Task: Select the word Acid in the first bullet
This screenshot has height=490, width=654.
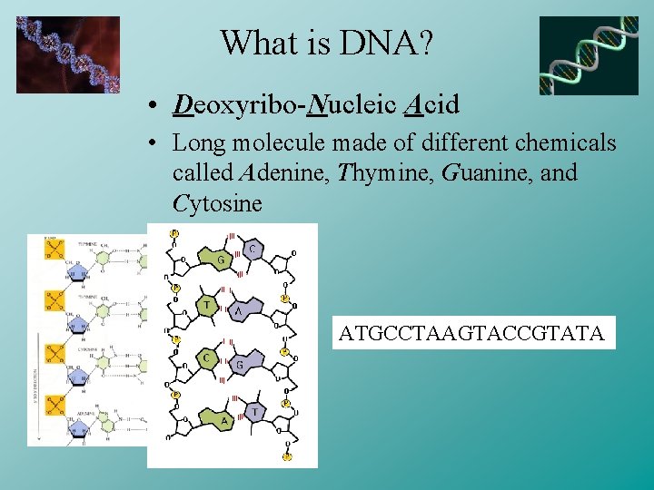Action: pyautogui.click(x=430, y=106)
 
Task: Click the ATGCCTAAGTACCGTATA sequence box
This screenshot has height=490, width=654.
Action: pyautogui.click(x=471, y=333)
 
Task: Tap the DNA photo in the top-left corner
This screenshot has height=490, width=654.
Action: pyautogui.click(x=68, y=54)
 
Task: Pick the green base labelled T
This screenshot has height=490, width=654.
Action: pyautogui.click(x=208, y=306)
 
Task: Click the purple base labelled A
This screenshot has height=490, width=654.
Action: pyautogui.click(x=240, y=310)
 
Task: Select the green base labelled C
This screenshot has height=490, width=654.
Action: pyautogui.click(x=208, y=358)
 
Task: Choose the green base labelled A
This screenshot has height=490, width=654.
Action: pyautogui.click(x=223, y=420)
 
